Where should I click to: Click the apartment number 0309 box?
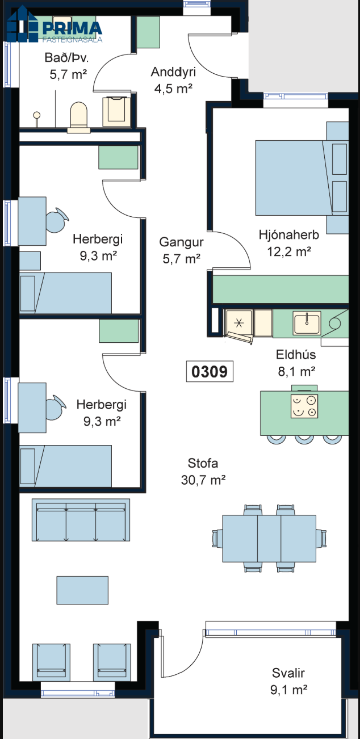point(210,371)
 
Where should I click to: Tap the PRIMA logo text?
point(72,28)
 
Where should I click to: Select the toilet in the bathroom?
point(79,117)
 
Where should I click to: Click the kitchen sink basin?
point(307,323)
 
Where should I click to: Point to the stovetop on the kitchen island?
point(304,406)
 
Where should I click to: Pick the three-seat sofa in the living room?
point(81,520)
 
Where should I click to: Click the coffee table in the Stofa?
point(82,590)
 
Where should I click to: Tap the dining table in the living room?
point(269,539)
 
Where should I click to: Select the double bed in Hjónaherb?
point(302,178)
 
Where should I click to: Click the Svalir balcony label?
point(288,673)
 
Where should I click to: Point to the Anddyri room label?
point(173,72)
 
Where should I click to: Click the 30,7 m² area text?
point(203,480)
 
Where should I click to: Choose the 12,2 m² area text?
point(289,251)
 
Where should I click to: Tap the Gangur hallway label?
point(181,242)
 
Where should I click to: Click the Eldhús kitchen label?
point(296,355)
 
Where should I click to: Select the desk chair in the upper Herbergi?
point(57,220)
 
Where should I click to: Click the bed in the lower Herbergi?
point(65,466)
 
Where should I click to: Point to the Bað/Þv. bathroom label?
point(66,58)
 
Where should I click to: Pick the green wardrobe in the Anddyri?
point(148,32)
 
